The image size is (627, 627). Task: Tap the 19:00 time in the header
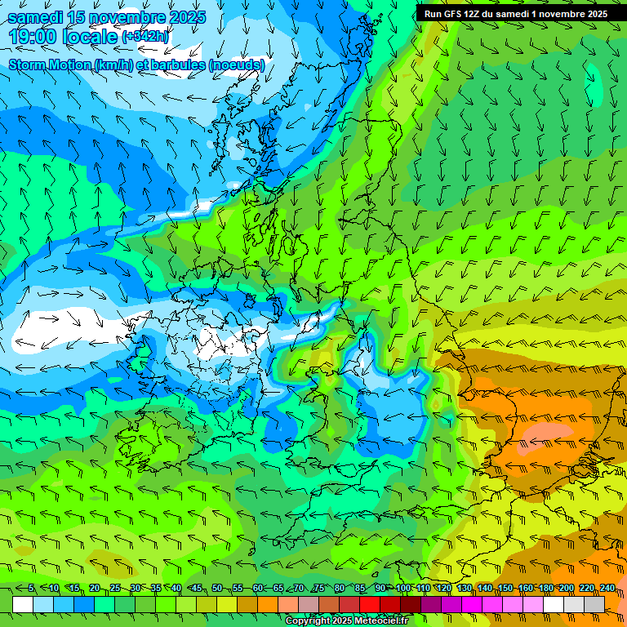click(34, 37)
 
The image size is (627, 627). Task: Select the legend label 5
click(31, 589)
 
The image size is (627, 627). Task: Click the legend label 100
click(403, 589)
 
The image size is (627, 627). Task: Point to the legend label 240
click(607, 589)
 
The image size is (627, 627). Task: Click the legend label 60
click(258, 589)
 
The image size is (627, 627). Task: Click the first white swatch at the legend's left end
click(23, 604)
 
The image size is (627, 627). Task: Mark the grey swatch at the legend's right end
click(594, 604)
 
